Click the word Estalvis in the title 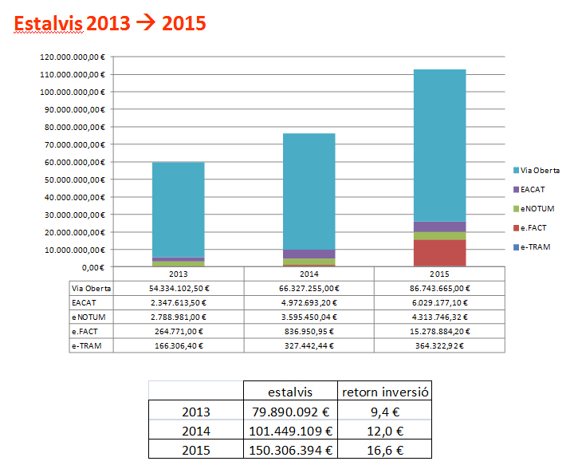[x=48, y=24]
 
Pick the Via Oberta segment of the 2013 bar [x=178, y=210]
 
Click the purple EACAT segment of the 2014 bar [x=309, y=254]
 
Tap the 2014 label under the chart [x=309, y=273]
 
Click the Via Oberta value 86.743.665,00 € [x=439, y=288]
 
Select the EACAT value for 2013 [x=178, y=302]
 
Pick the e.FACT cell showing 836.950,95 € [x=309, y=331]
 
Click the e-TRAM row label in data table [x=88, y=345]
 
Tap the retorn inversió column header [x=385, y=391]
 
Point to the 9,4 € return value [x=385, y=412]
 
